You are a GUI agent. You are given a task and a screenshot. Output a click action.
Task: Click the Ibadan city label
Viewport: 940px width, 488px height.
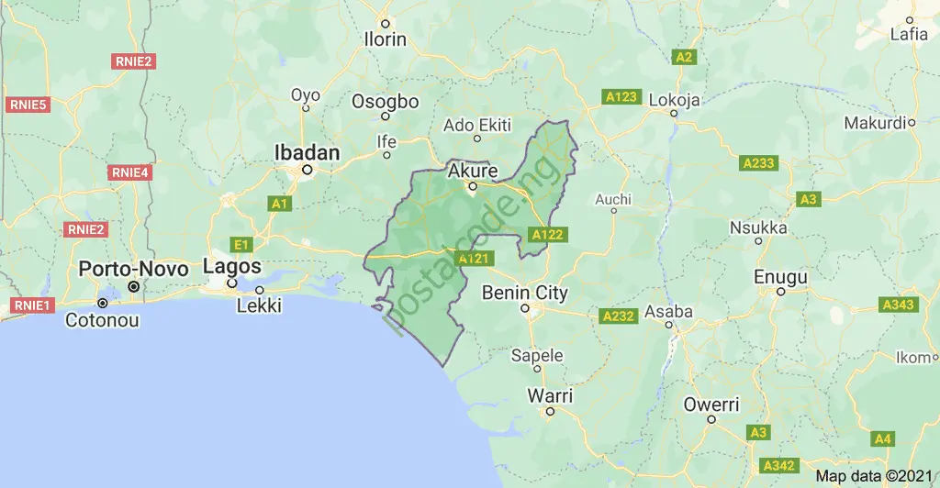[x=308, y=152]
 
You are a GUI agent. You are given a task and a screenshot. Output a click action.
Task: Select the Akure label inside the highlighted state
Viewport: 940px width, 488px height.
[x=473, y=171]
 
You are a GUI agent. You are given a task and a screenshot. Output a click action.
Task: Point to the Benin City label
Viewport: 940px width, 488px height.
[x=525, y=294]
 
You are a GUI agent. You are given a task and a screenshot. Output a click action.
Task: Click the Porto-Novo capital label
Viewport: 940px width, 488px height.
[x=134, y=269]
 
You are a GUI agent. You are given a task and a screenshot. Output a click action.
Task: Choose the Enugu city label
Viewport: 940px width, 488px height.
[x=780, y=276]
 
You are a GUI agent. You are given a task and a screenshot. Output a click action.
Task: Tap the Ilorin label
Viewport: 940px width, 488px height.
[x=385, y=40]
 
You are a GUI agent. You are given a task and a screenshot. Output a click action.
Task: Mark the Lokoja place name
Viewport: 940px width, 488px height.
[x=675, y=99]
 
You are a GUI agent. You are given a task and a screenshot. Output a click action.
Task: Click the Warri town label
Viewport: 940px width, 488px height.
[x=550, y=396]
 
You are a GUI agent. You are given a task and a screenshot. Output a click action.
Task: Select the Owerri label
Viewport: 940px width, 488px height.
[x=711, y=404]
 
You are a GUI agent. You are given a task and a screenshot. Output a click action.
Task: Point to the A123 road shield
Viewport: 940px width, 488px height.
[x=621, y=96]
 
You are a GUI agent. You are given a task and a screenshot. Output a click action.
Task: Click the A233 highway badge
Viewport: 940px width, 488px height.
[x=758, y=163]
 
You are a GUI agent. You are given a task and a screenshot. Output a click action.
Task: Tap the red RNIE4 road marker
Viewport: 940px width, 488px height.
[x=129, y=172]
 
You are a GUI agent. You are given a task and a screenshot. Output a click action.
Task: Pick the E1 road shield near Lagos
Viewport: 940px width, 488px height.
[x=241, y=244]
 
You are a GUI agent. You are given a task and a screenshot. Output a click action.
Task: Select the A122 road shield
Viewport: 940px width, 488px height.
[x=547, y=235]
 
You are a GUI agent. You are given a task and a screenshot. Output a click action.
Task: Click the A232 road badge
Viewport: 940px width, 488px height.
[x=619, y=316]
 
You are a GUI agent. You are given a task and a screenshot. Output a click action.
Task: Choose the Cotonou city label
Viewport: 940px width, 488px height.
[x=102, y=321]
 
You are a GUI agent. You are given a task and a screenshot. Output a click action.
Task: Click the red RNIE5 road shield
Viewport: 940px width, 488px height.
[x=28, y=105]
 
